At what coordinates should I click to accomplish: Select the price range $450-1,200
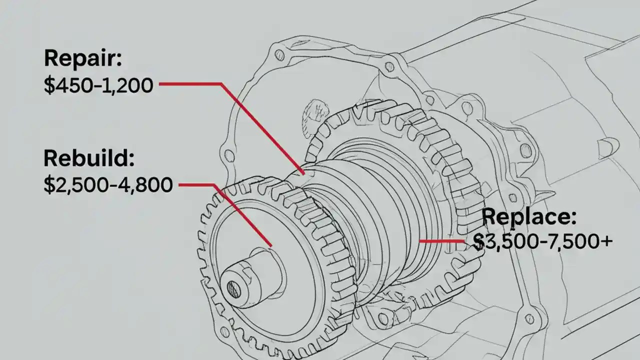pyautogui.click(x=98, y=85)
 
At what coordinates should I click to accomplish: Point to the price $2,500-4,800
pyautogui.click(x=108, y=185)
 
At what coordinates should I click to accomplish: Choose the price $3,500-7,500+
pyautogui.click(x=542, y=242)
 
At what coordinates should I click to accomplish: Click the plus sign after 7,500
pyautogui.click(x=605, y=242)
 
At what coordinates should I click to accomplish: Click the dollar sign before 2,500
pyautogui.click(x=49, y=185)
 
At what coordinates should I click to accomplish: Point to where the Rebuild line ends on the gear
pyautogui.click(x=270, y=245)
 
